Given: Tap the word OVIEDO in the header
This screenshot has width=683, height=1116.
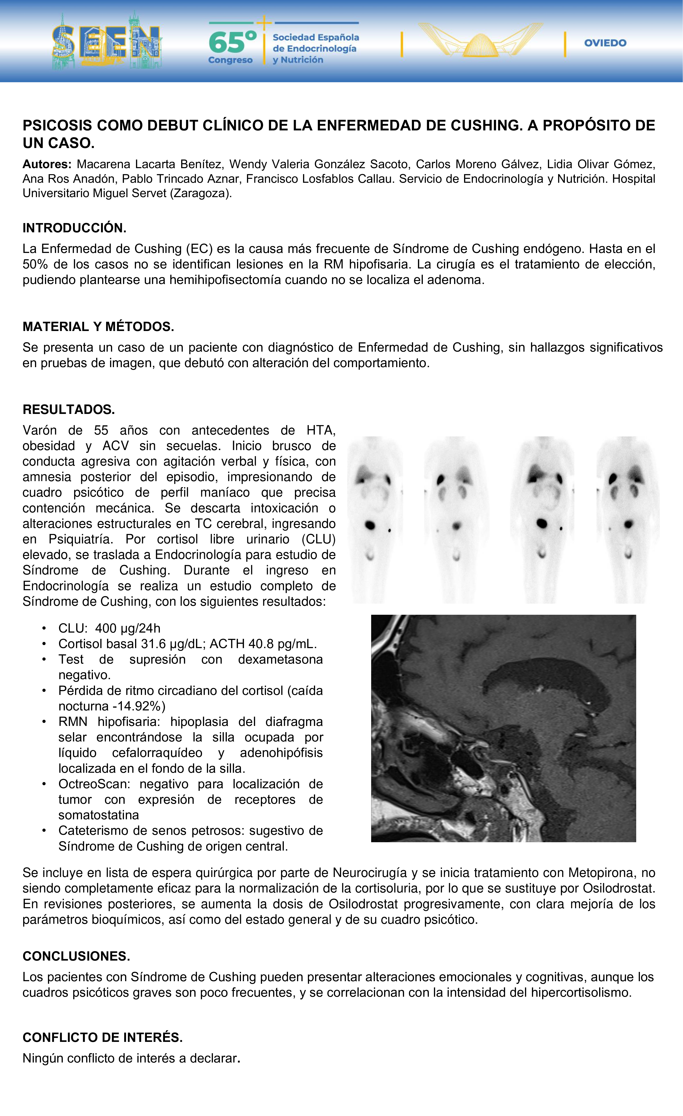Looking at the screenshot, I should pos(605,43).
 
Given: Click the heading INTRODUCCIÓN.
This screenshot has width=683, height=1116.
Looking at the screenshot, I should pos(74,228).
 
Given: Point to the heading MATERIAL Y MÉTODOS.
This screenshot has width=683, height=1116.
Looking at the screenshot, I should pos(98,327).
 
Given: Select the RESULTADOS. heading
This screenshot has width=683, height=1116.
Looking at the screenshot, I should pos(69,410).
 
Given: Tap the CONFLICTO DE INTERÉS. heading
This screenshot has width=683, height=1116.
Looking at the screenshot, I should pos(102,1037).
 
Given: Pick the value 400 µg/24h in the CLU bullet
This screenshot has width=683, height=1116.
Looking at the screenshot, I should pos(128,628).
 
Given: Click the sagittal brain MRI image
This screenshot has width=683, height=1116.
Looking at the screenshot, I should pos(503,728).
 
